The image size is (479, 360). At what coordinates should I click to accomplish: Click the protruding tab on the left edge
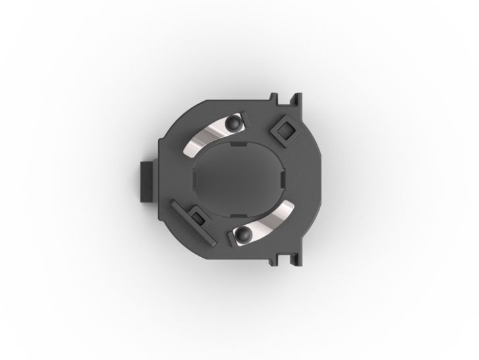point(144,180)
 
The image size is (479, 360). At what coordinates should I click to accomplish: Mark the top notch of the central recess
point(239,143)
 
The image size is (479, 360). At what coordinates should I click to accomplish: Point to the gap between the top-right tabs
point(291,100)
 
